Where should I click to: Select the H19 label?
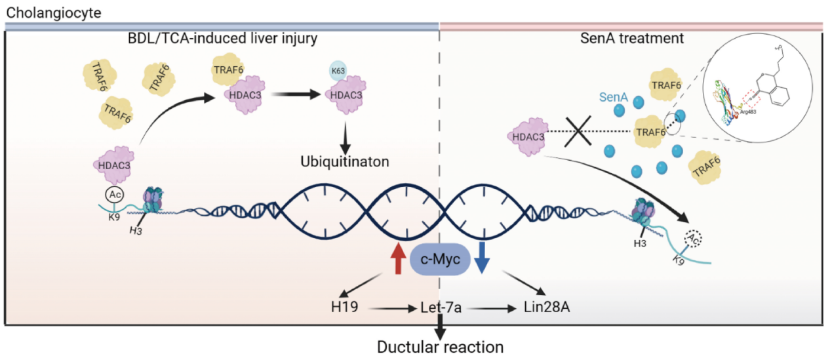click(x=345, y=306)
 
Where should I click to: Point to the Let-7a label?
click(x=439, y=306)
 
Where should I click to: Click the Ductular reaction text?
click(x=441, y=346)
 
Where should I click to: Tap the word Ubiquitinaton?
click(x=345, y=160)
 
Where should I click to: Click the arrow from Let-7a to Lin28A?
click(x=490, y=306)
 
